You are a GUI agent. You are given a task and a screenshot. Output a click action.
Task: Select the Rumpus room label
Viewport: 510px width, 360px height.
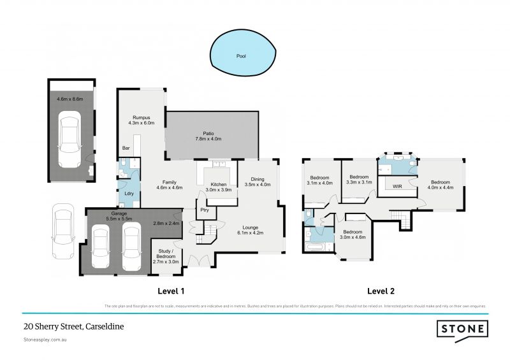(141, 118)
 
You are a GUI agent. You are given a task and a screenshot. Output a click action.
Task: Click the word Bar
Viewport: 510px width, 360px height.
(126, 148)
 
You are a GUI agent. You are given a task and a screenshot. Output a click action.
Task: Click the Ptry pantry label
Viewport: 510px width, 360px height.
(205, 210)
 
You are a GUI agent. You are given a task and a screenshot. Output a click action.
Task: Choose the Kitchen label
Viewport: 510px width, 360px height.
(219, 185)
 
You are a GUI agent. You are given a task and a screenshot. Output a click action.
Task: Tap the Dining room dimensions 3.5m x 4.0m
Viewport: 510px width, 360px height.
(258, 185)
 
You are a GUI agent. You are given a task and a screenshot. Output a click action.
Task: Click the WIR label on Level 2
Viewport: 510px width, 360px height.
(397, 187)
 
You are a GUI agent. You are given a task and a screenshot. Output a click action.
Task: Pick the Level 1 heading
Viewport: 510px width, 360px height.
(171, 291)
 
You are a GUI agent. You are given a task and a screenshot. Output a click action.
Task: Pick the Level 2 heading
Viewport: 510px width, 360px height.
(381, 291)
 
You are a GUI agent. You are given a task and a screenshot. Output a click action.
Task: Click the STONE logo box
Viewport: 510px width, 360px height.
(462, 329)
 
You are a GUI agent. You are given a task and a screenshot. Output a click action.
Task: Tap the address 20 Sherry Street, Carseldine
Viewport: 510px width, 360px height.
(73, 326)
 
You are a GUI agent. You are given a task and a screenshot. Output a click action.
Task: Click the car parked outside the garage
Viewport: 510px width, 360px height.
(63, 227)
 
